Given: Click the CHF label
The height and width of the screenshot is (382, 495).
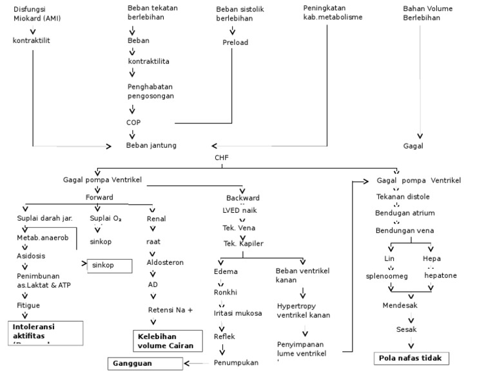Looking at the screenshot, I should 222,157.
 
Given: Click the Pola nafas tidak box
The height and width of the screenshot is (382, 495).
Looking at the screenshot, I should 411,358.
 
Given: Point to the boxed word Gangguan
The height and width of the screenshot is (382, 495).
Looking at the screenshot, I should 145,365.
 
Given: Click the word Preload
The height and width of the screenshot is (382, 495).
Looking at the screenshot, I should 235,42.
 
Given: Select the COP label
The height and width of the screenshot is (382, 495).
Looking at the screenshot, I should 133,122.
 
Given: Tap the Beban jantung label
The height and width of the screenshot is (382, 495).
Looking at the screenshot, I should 151,145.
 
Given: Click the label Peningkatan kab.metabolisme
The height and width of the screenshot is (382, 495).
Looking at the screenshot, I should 333,13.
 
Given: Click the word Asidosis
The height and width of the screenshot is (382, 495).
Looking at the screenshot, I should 32,255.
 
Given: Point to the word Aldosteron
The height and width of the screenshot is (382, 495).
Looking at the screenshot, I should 165,263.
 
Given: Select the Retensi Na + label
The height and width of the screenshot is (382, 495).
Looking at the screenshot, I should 170,310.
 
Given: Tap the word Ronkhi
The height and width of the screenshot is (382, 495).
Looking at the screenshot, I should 226,292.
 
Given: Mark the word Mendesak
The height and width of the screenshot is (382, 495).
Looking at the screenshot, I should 400,305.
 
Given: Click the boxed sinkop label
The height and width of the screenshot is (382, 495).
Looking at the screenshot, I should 109,265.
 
